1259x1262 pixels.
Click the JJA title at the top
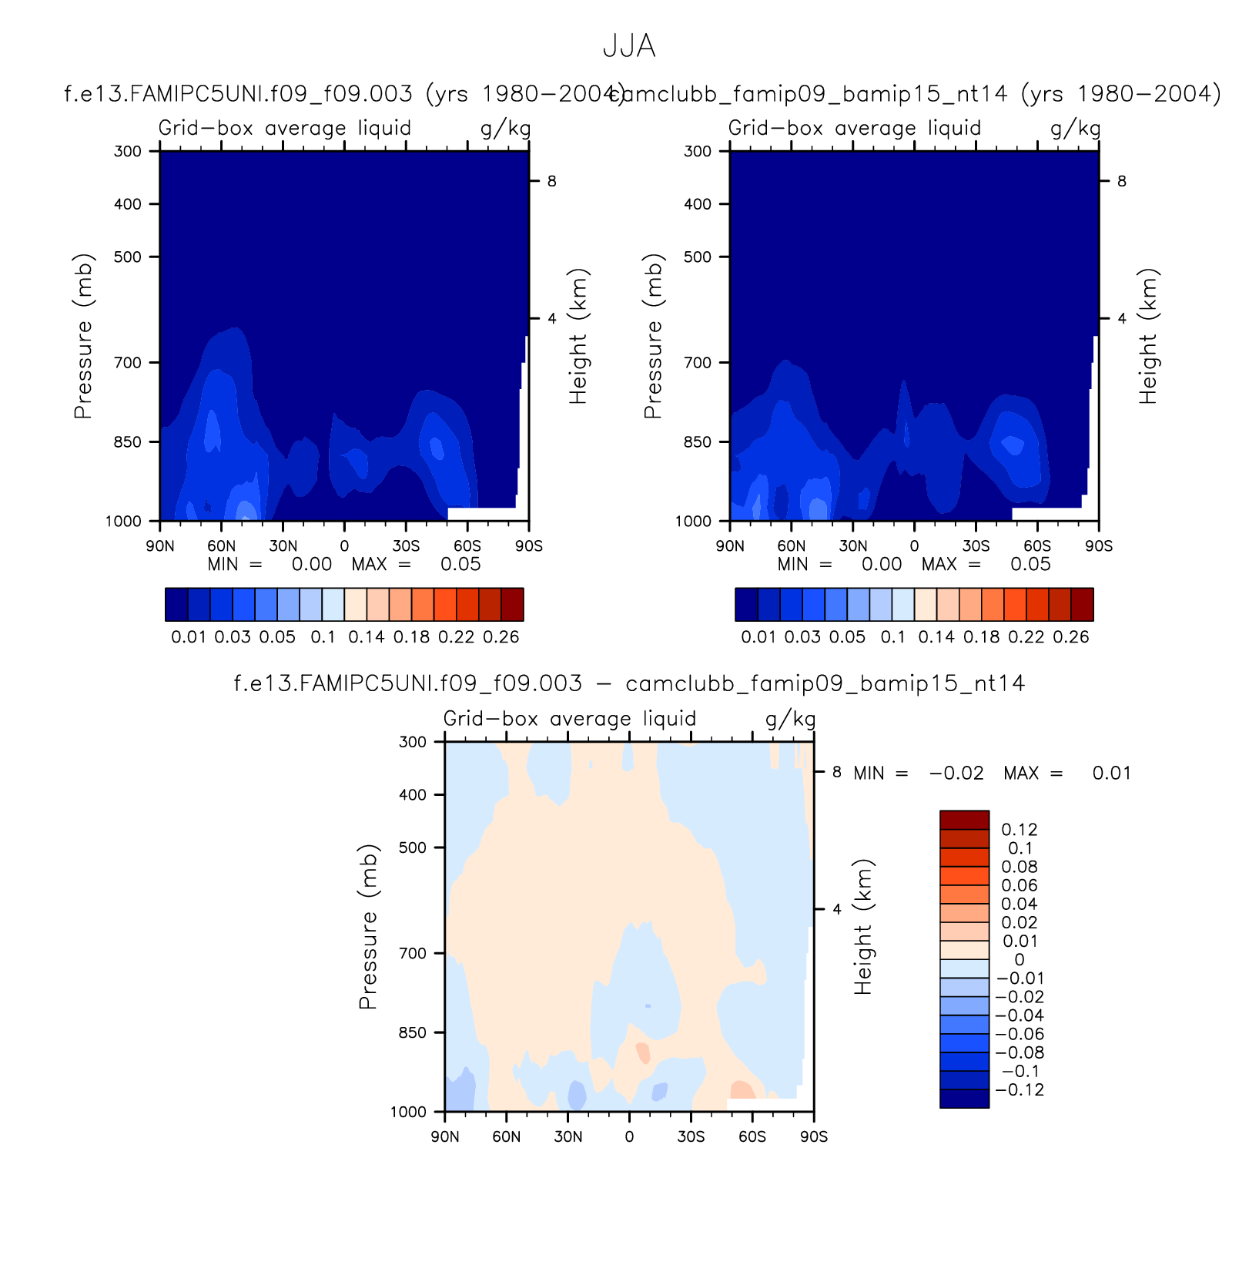point(628,47)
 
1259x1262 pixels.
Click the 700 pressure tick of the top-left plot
point(128,362)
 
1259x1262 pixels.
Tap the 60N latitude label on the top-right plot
point(791,546)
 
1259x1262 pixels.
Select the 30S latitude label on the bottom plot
point(691,1137)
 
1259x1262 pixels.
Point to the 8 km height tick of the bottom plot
point(836,772)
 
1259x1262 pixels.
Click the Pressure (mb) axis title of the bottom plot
point(368,927)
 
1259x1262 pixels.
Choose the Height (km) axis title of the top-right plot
point(1147,336)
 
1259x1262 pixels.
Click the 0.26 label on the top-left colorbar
point(501,637)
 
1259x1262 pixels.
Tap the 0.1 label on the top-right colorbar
point(892,637)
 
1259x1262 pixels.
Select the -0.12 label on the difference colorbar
point(1020,1090)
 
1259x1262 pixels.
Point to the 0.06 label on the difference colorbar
point(1020,886)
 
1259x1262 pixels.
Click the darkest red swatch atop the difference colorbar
point(964,820)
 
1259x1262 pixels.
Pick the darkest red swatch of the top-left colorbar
point(512,604)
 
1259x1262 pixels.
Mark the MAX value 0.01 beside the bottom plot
point(1111,774)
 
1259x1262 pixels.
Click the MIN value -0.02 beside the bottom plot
point(956,774)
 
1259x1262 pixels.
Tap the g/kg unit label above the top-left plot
point(505,129)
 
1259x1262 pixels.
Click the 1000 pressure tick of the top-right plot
point(694,522)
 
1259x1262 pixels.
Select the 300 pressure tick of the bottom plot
point(413,742)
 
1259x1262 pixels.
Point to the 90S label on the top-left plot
point(529,546)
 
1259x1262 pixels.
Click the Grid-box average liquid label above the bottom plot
point(569,719)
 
